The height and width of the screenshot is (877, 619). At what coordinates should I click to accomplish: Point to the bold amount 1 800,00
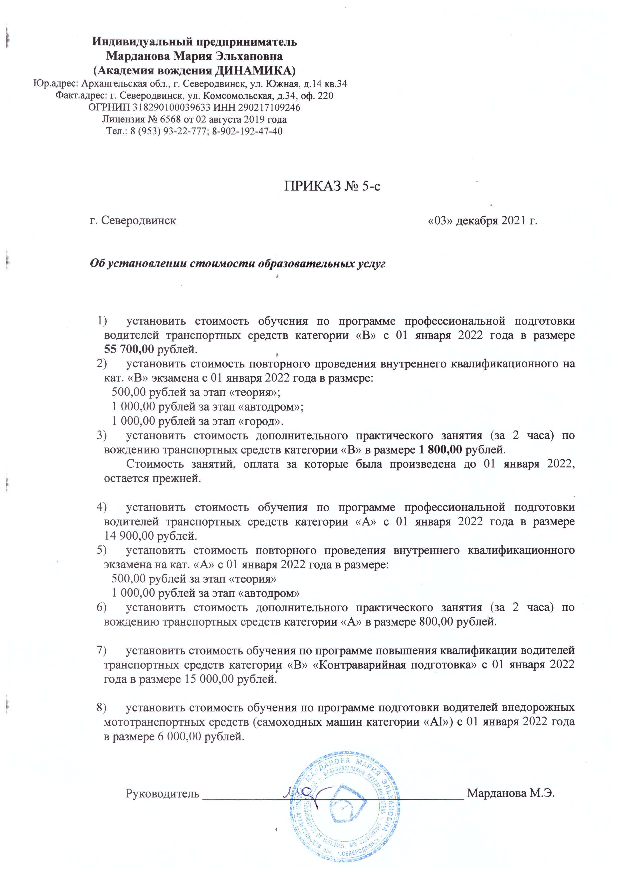click(442, 449)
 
